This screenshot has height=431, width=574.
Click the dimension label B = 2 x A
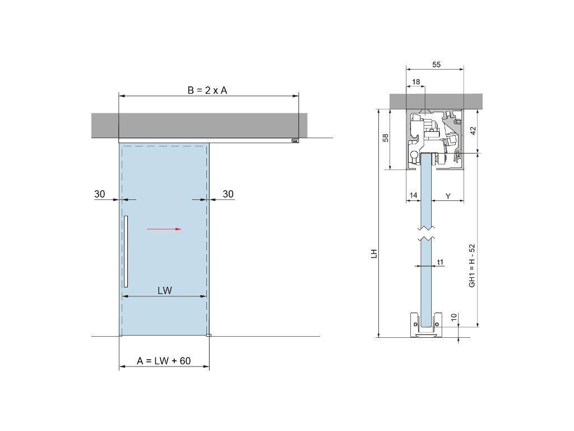pyautogui.click(x=207, y=90)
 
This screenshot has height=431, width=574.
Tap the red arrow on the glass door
pyautogui.click(x=164, y=229)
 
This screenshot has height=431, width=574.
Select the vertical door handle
pyautogui.click(x=126, y=251)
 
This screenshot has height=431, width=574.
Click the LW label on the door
pyautogui.click(x=165, y=291)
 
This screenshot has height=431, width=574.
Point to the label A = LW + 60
pyautogui.click(x=164, y=361)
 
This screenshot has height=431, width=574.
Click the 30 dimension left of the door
pyautogui.click(x=100, y=194)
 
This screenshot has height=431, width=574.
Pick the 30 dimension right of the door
pyautogui.click(x=228, y=194)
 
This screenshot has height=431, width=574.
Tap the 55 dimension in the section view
pyautogui.click(x=436, y=65)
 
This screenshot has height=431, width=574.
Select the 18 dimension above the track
pyautogui.click(x=416, y=82)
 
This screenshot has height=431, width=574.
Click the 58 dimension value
pyautogui.click(x=386, y=138)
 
